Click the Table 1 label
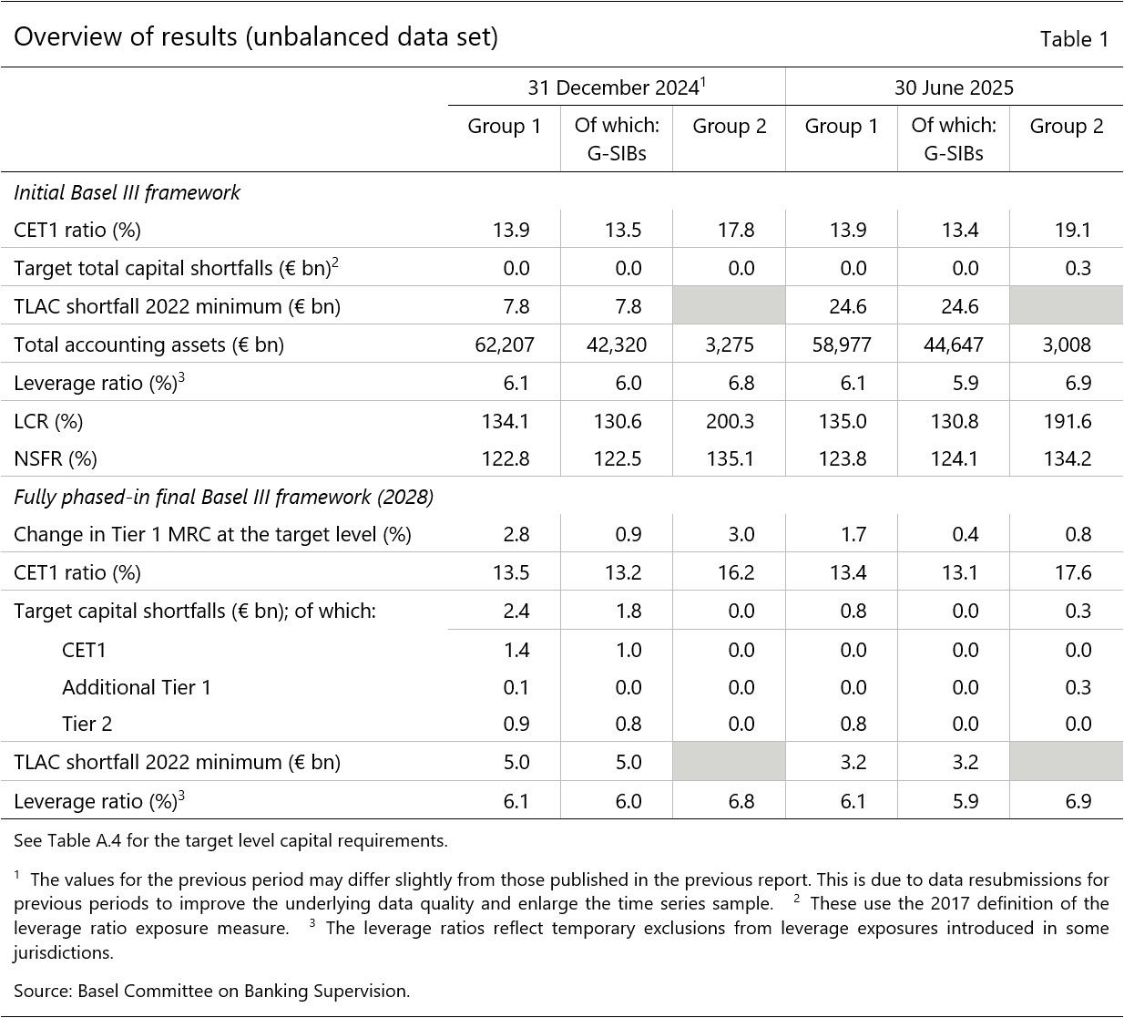[1074, 39]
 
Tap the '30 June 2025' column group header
[954, 87]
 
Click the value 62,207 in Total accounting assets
[505, 344]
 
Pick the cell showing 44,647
[953, 344]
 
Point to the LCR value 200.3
[730, 421]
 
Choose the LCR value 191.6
[1067, 421]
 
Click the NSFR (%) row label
[56, 458]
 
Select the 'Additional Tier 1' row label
[136, 687]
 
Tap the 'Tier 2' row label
[87, 725]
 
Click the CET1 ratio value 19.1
[1072, 230]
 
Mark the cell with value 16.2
[735, 572]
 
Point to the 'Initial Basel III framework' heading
[127, 192]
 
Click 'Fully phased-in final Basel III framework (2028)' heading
[223, 497]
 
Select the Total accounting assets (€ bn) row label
[148, 344]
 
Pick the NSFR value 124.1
[955, 458]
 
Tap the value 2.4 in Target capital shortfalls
[516, 611]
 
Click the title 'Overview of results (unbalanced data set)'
[256, 37]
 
